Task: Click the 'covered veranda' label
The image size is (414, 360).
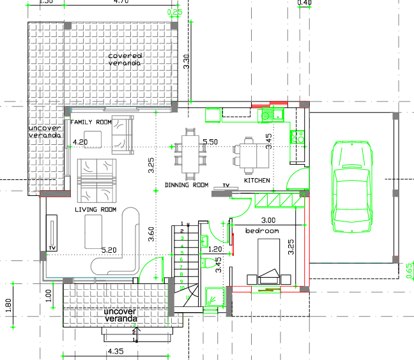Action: (x=125, y=59)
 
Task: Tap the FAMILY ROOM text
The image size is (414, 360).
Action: (x=91, y=121)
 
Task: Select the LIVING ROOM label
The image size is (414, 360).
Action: (x=95, y=209)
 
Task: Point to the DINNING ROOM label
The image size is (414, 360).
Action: (x=187, y=185)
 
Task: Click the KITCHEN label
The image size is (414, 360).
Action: (x=257, y=181)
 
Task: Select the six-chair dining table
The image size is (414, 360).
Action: (x=192, y=153)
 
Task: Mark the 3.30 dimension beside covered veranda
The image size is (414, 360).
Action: (x=187, y=62)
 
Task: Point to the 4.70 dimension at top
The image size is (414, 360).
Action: (x=121, y=3)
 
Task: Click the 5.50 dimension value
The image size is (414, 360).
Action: (x=210, y=141)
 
